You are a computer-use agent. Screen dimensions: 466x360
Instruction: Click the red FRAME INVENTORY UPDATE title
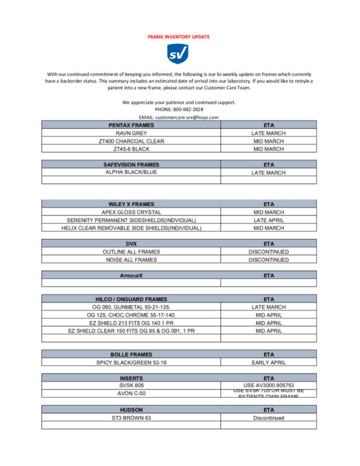coord(179,37)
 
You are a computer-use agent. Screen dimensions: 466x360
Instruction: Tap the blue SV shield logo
coord(178,54)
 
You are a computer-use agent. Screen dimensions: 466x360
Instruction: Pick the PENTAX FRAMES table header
coord(131,125)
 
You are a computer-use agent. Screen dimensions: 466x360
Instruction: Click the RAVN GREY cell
coord(131,133)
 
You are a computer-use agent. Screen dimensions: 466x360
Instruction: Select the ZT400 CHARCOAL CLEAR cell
coord(131,141)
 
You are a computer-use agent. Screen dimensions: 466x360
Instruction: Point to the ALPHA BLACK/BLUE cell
coord(131,172)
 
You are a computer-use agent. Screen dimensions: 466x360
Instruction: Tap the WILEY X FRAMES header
coord(131,204)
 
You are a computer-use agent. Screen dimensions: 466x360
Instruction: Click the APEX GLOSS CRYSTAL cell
coord(131,213)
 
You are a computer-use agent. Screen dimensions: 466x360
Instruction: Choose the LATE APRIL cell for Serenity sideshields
coord(269,220)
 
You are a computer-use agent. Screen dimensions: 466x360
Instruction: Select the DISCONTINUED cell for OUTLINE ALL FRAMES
coord(269,252)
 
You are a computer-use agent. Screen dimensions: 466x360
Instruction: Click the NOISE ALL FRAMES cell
coord(131,260)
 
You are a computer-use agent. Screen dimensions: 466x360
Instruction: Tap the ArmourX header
coord(131,275)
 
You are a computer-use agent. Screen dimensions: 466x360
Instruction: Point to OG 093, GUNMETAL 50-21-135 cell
coord(131,307)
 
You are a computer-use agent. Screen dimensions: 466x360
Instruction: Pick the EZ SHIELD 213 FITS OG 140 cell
coord(131,323)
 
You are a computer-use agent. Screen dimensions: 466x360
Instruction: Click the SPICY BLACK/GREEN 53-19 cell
coord(131,362)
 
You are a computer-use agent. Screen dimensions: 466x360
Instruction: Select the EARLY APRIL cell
coord(269,362)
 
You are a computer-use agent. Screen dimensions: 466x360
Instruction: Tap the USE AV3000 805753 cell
coord(269,385)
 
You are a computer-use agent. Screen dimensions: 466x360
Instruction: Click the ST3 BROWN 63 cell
coord(131,418)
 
